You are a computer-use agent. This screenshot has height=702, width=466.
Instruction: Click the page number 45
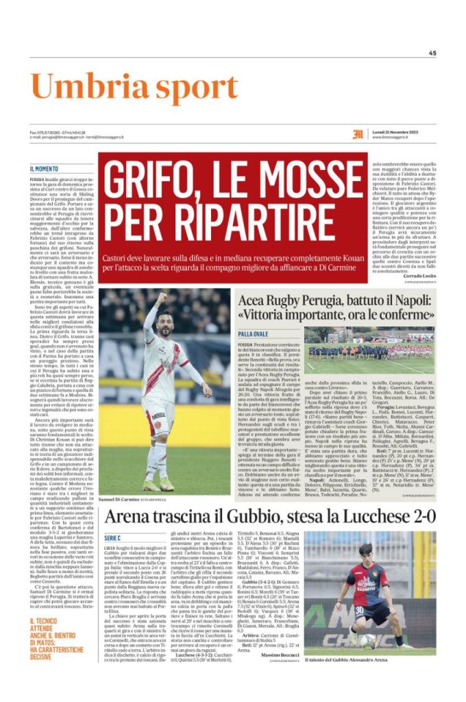coord(432,53)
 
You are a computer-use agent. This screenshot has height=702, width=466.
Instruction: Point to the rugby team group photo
coord(370,344)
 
